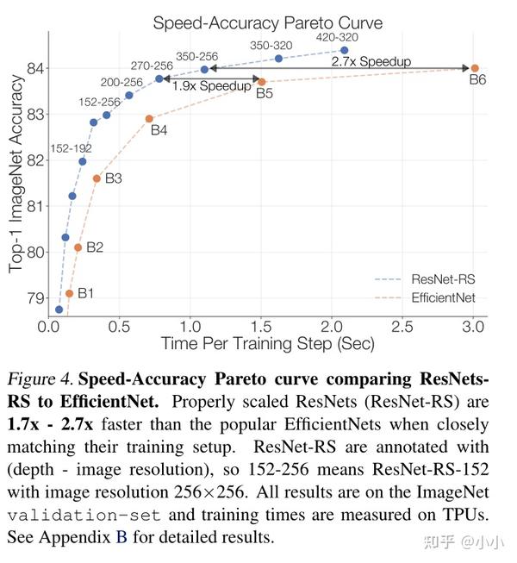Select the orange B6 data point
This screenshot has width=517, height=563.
click(475, 68)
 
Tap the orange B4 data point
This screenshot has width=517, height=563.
click(149, 119)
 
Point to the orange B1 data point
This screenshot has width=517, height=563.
click(69, 293)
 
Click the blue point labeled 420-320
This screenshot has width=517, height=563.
click(345, 50)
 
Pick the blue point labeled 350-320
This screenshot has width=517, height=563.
click(278, 59)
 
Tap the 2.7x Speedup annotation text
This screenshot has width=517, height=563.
click(371, 61)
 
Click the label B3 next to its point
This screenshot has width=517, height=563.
click(114, 178)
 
